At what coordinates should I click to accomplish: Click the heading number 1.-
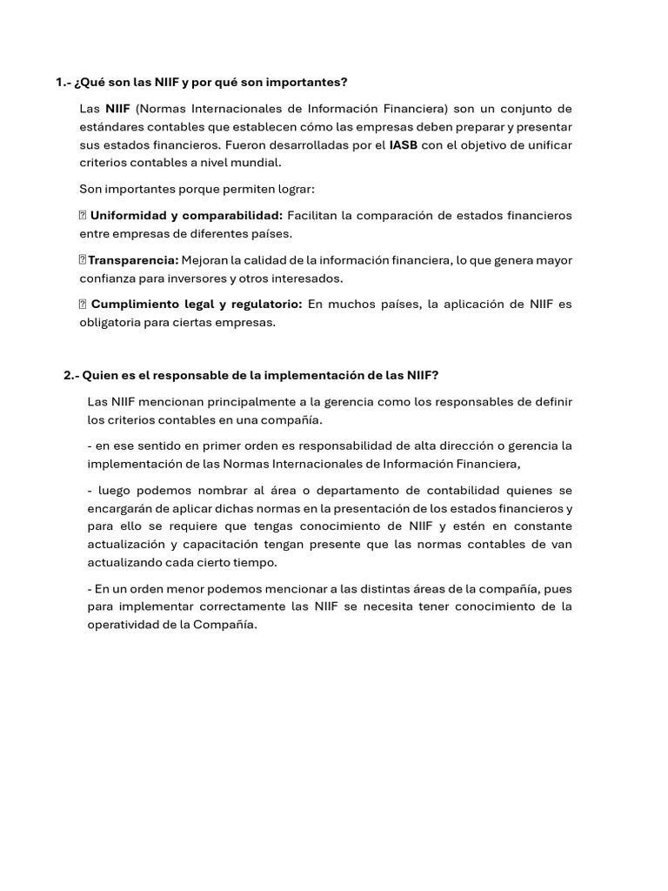pyautogui.click(x=63, y=83)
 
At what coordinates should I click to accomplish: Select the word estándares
pyautogui.click(x=110, y=126)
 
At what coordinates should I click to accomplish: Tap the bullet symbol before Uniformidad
pyautogui.click(x=83, y=215)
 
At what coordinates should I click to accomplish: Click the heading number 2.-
pyautogui.click(x=71, y=375)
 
